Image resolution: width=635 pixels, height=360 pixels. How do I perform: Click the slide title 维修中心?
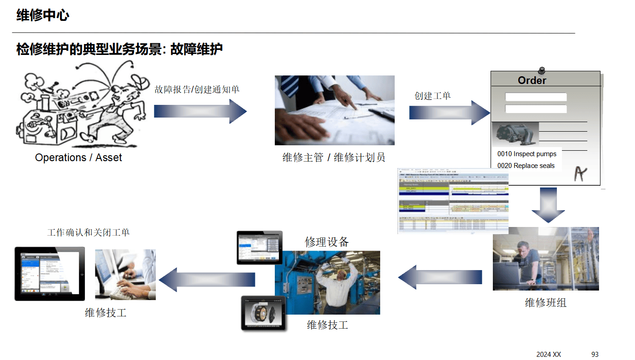43,15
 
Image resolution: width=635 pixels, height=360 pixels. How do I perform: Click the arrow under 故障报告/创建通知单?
200,111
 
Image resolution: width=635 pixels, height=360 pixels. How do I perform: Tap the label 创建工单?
432,96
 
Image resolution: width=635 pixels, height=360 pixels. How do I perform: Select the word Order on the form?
532,80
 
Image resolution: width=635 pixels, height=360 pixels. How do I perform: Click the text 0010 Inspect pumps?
526,154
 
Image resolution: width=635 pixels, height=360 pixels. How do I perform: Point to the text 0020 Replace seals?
526,166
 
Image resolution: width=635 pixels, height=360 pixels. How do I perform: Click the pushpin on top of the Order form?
541,70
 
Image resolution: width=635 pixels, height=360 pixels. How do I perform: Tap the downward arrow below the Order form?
548,205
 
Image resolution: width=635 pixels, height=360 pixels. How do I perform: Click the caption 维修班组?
546,302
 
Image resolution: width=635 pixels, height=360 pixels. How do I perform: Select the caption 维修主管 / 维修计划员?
333,158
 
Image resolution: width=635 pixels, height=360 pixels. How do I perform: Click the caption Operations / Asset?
79,158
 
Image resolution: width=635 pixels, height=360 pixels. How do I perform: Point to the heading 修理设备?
327,242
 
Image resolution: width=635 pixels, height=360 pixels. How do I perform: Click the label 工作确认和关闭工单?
89,232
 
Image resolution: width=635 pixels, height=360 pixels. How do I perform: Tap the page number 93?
595,354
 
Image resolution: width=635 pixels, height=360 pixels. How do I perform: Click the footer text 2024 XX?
548,354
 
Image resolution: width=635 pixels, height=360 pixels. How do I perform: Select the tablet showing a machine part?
263,313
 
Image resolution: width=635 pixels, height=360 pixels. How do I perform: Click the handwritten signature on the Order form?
580,173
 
